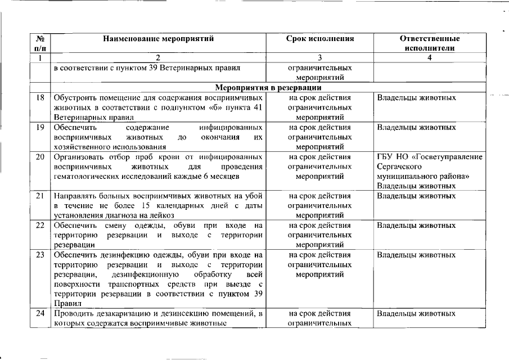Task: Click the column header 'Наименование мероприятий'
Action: click(158, 39)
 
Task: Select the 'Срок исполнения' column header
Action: click(320, 39)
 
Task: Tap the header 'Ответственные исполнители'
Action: click(429, 43)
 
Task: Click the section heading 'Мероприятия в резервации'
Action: click(268, 88)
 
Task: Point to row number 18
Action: click(40, 98)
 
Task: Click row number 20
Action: click(40, 156)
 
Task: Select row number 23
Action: click(40, 255)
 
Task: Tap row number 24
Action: click(40, 313)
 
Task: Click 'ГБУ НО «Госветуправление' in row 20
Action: click(430, 156)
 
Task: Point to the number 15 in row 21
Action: click(147, 206)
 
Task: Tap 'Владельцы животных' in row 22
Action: click(416, 226)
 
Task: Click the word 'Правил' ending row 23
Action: click(65, 304)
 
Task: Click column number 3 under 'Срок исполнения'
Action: click(320, 58)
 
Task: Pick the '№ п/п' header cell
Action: click(40, 43)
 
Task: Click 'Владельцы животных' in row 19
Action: click(416, 127)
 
